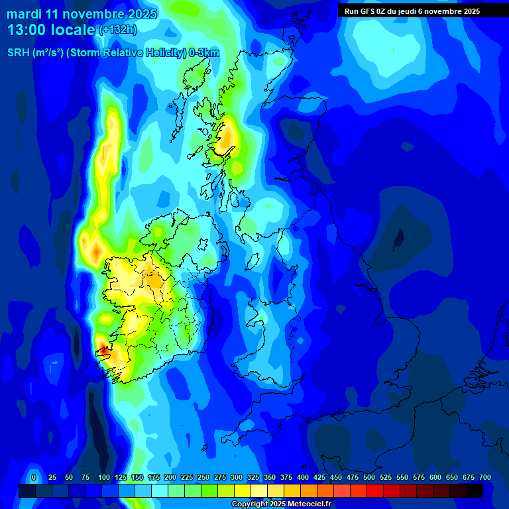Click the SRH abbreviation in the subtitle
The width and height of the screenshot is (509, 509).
tap(18, 53)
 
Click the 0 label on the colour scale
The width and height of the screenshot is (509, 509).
tap(34, 477)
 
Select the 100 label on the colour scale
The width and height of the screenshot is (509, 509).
tap(104, 477)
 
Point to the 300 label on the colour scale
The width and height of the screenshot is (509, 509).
tap(237, 477)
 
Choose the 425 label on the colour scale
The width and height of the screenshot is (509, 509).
tap(319, 477)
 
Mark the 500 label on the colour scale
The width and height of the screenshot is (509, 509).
tap(369, 477)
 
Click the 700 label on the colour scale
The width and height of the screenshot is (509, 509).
tap(485, 477)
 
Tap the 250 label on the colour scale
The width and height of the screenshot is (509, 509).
tap(203, 477)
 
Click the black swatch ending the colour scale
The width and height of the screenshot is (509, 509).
tap(475, 490)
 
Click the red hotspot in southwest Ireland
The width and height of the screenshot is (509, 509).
tap(103, 351)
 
